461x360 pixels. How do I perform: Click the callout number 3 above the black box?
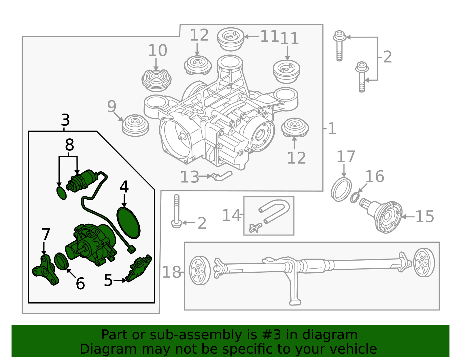point(65,120)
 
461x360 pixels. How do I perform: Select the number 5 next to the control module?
point(108,280)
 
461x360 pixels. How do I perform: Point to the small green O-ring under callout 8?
point(61,193)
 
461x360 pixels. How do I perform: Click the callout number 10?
point(157,50)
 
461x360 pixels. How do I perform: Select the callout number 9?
point(112,106)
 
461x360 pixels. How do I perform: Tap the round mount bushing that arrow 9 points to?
point(135,125)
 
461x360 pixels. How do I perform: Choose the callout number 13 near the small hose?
point(189,177)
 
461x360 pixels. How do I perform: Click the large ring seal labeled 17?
point(341,190)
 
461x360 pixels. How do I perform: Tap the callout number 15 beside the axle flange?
point(424,216)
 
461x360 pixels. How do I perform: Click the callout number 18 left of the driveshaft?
point(171,272)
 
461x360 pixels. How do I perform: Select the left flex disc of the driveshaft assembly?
point(200,270)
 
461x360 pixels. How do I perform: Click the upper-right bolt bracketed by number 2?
point(339,45)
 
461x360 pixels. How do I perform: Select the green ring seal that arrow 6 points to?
point(61,261)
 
